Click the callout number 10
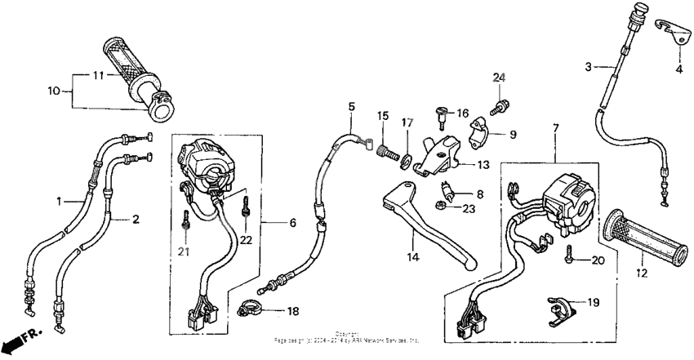coord(55,91)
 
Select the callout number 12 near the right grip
coord(641,273)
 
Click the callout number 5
coord(351,107)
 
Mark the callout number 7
coord(555,128)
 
